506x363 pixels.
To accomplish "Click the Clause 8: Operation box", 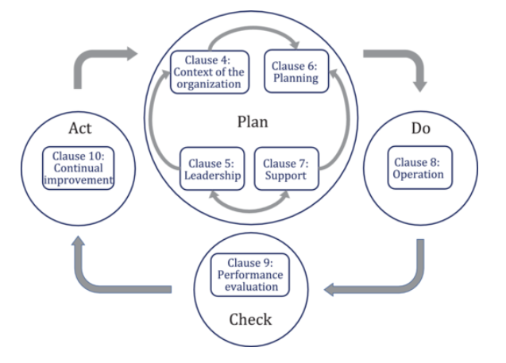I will pyautogui.click(x=419, y=167).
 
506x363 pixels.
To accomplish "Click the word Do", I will pyautogui.click(x=419, y=129).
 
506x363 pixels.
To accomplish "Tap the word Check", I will pyautogui.click(x=251, y=319).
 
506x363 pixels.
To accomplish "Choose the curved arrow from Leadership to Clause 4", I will pyautogui.click(x=159, y=119).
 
